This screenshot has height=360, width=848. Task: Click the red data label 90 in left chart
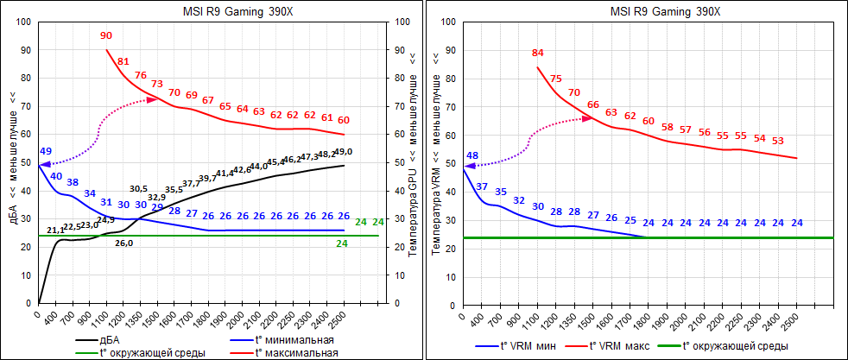click(x=106, y=36)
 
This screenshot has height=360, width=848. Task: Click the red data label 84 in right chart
click(x=538, y=54)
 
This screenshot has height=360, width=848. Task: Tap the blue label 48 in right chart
click(x=472, y=156)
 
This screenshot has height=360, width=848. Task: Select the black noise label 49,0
click(x=344, y=152)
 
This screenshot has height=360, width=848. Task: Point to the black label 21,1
click(x=55, y=231)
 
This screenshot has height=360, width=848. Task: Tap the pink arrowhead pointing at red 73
click(x=153, y=99)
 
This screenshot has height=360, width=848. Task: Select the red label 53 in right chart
click(x=778, y=140)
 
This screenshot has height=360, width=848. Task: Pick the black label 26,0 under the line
click(x=124, y=243)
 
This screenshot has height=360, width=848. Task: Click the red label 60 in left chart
click(x=344, y=120)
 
